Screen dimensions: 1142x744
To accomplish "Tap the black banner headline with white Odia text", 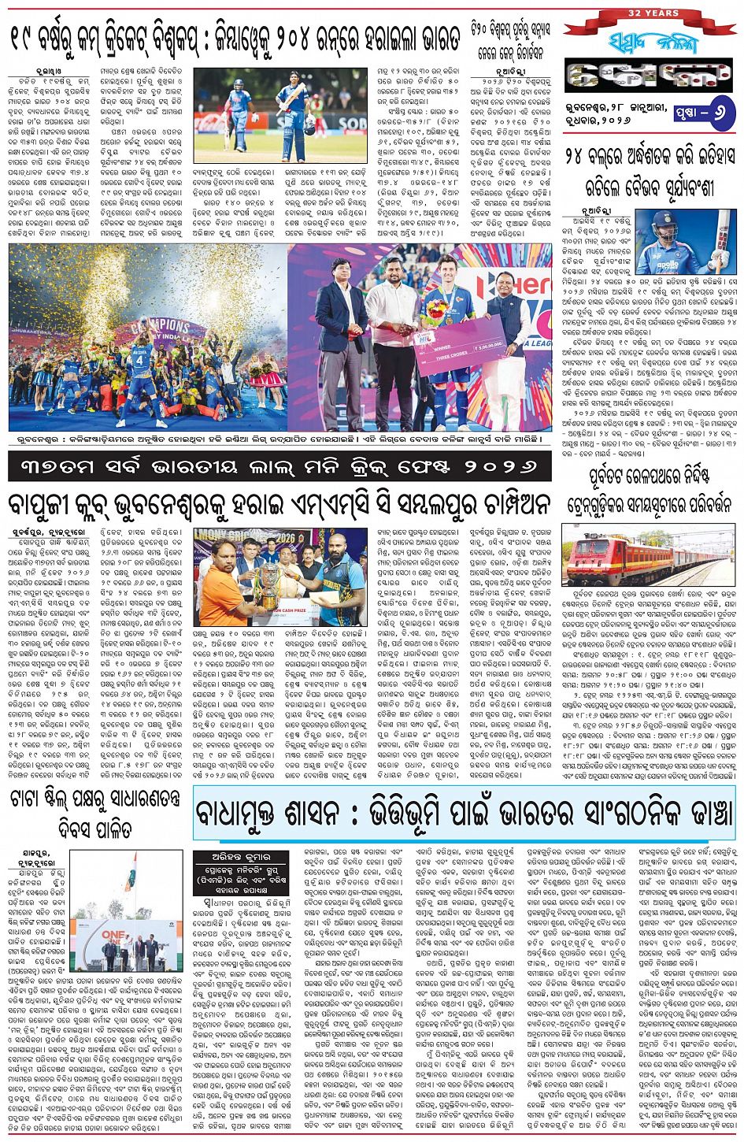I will pos(279,467).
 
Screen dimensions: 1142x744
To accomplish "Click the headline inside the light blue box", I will pos(465,823).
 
